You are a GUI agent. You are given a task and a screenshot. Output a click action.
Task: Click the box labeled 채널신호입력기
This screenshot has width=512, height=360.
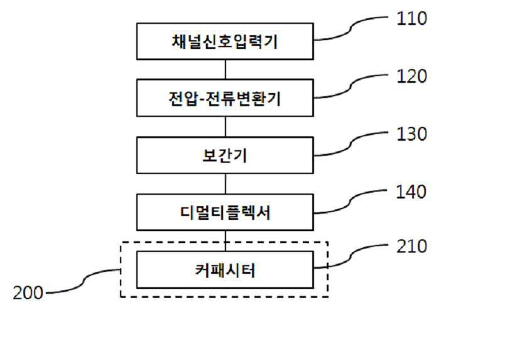225,42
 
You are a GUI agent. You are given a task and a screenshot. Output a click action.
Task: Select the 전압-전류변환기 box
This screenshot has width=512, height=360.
225,98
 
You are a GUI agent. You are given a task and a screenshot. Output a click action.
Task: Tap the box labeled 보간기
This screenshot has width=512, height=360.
225,155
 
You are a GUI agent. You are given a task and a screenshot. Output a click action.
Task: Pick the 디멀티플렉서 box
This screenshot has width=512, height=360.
225,212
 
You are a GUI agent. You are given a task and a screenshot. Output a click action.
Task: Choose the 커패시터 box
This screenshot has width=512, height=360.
225,270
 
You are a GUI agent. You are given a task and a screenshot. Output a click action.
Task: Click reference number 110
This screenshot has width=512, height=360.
411,18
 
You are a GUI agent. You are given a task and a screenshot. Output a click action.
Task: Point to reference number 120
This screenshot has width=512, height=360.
411,76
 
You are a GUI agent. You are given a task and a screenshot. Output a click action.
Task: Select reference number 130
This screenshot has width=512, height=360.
411,134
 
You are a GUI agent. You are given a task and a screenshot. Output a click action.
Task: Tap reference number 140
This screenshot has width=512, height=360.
411,191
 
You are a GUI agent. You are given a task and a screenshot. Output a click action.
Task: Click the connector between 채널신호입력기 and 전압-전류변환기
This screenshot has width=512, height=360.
225,68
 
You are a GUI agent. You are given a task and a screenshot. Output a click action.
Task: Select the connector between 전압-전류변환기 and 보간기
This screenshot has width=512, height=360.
225,126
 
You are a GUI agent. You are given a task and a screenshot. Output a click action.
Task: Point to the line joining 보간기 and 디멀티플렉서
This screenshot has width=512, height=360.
225,183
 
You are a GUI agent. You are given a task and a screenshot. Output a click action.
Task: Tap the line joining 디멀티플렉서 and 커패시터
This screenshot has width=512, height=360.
225,239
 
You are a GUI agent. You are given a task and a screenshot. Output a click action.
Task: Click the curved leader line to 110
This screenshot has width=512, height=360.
352,28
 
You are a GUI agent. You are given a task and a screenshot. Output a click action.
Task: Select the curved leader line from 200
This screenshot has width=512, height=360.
85,283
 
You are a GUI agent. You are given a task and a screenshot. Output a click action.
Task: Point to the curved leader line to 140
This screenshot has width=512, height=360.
352,201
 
